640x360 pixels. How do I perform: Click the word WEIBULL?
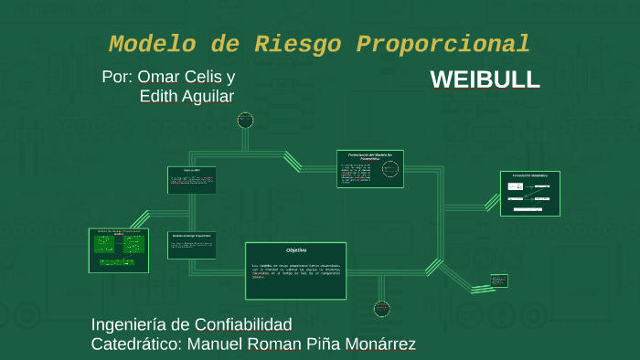click(485, 79)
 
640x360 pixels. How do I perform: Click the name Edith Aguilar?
click(187, 97)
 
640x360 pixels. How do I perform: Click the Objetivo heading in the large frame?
click(295, 249)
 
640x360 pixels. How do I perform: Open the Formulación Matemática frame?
click(529, 193)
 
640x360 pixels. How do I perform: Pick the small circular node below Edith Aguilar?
click(245, 119)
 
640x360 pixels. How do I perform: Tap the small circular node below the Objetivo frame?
click(382, 308)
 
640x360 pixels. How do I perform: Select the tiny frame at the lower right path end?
click(498, 281)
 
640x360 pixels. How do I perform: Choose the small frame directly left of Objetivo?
click(192, 245)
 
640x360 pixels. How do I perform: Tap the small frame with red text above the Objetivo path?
click(192, 180)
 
